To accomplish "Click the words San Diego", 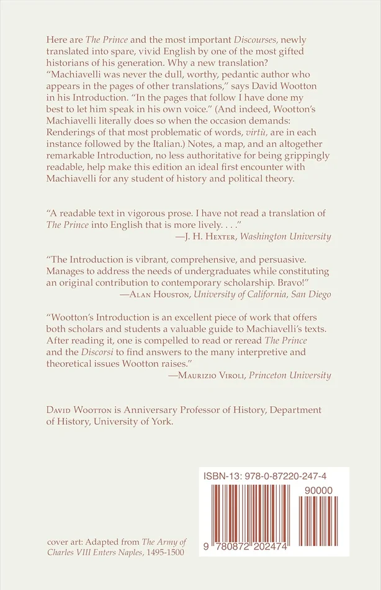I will [310, 294].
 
